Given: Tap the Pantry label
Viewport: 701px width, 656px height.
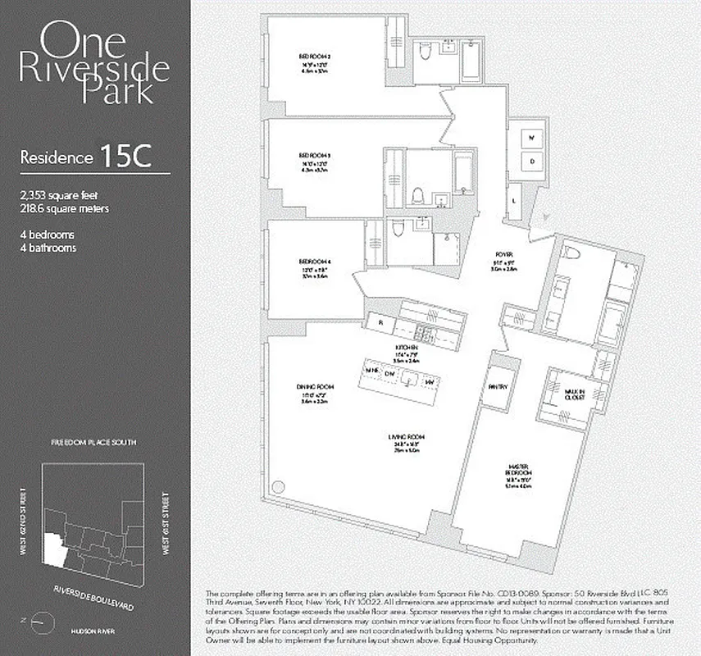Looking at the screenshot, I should (498, 386).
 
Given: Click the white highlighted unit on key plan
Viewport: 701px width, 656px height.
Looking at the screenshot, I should (55, 549).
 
